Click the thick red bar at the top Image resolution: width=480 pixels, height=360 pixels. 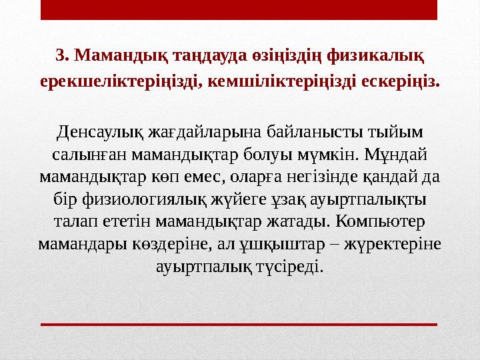[239, 10]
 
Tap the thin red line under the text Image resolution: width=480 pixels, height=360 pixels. [239, 324]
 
